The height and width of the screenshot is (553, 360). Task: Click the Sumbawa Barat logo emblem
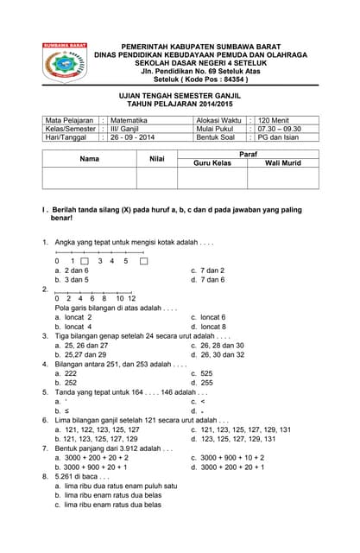coord(65,64)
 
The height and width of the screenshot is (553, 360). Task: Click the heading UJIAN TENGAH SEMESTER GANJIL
coord(180,99)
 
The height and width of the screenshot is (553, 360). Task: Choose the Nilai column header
coord(157,159)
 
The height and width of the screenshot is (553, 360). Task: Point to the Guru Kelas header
coord(212,163)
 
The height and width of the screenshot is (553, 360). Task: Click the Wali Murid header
coord(282,163)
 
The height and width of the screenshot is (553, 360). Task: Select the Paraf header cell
coord(248,153)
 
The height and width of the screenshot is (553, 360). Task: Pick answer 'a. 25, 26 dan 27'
coord(85,345)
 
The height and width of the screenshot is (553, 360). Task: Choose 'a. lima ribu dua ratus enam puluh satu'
coord(116,485)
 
